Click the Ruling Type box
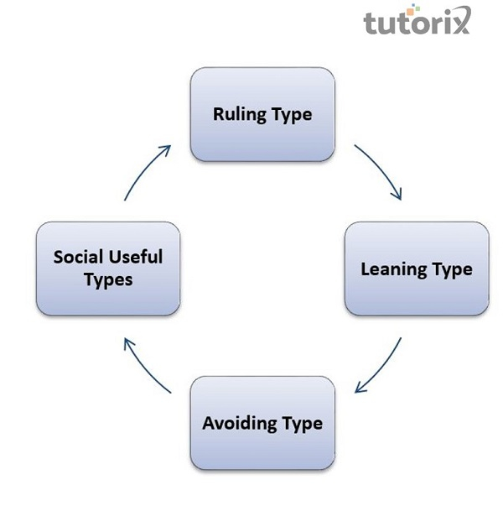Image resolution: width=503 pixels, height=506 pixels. (x=262, y=114)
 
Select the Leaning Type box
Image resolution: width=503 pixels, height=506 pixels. (x=417, y=269)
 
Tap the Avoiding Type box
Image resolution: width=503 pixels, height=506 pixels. (x=262, y=423)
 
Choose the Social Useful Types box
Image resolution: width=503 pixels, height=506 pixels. (x=108, y=269)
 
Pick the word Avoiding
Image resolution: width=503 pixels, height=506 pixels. (x=239, y=424)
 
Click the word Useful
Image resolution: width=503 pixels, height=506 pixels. (x=136, y=257)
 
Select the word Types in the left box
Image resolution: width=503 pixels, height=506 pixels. (x=108, y=279)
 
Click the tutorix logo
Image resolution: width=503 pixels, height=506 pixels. (x=417, y=19)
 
